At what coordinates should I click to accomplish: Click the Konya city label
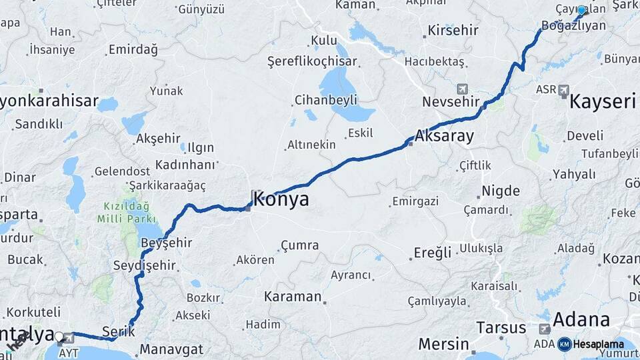281,199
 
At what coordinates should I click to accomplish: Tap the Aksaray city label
444,137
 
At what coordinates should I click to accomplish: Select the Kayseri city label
603,102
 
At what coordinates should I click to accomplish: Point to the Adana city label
581,319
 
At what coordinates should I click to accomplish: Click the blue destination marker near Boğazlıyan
581,11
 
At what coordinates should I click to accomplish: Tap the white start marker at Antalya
59,337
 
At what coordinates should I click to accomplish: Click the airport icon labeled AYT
69,337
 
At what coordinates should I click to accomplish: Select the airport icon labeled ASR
564,89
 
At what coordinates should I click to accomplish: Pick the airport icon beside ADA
545,329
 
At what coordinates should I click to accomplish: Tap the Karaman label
293,297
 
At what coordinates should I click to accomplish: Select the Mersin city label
443,345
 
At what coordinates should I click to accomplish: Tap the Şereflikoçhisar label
312,61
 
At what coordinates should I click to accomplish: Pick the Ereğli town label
433,253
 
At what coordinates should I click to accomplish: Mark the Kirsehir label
454,31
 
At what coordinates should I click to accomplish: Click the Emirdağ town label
133,49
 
